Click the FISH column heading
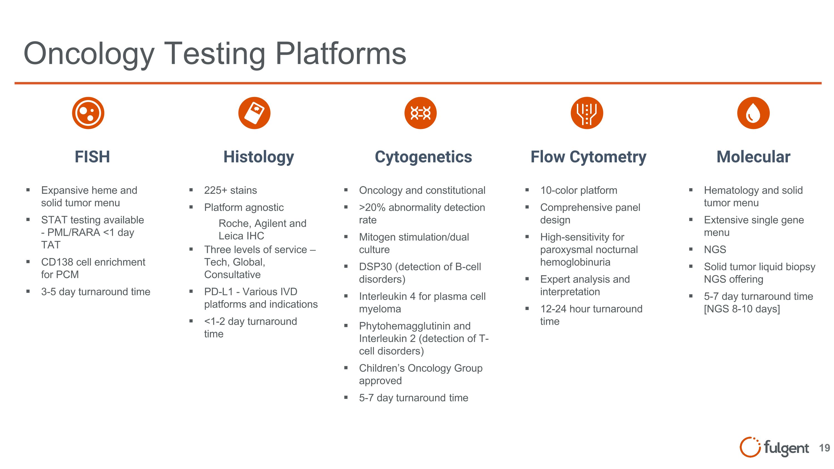92,157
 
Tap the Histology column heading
259,157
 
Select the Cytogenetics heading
423,157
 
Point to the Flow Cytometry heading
588,157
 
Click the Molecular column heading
753,157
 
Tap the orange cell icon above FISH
88,113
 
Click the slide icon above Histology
254,113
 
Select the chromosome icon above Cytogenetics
420,113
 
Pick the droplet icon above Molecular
753,113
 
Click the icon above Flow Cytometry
587,113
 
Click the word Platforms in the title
341,53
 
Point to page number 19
824,448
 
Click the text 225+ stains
230,190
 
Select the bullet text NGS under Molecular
715,250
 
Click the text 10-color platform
579,190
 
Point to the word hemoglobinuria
575,262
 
